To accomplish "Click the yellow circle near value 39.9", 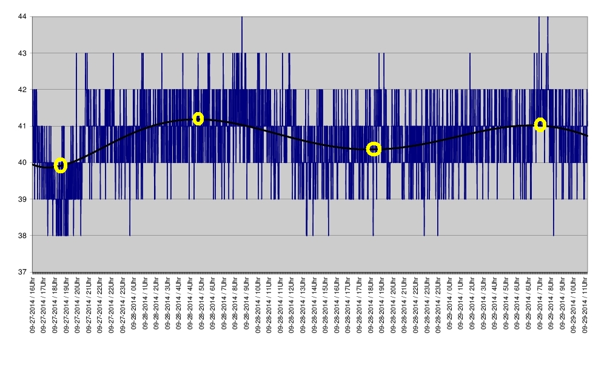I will (60, 165).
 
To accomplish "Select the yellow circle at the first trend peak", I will (198, 118).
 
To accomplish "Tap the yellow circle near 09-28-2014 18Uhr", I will (374, 149).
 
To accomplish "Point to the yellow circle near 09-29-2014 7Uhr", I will (540, 124).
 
